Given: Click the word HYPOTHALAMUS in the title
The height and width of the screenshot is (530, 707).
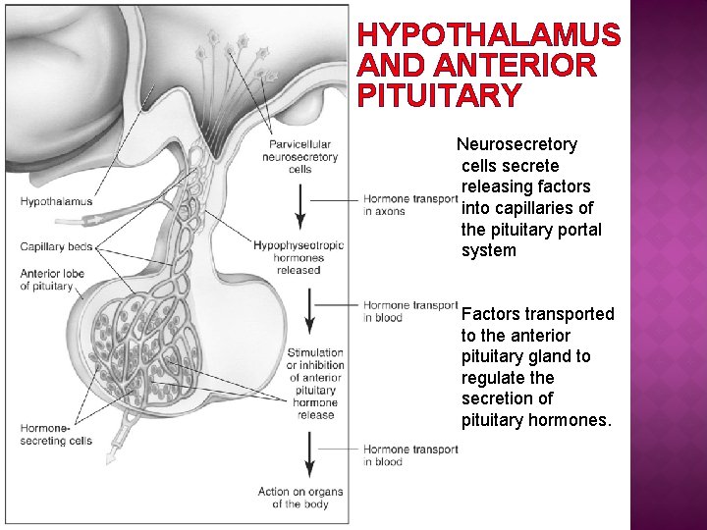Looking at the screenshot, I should point(489,35).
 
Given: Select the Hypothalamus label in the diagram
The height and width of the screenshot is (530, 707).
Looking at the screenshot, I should point(56,202).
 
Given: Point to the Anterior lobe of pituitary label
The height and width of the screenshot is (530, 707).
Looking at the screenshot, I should point(52,280).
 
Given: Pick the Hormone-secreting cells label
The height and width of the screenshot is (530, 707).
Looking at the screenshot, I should point(55,434).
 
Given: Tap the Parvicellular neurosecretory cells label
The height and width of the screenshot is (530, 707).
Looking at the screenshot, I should point(300,157).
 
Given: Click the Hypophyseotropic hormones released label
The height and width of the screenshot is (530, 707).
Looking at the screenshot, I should point(299,257).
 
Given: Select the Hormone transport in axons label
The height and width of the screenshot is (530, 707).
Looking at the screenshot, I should point(409,205).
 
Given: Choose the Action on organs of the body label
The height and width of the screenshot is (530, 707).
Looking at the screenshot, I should point(294,498).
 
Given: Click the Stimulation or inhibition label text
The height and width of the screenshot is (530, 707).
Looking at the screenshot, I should point(315,383).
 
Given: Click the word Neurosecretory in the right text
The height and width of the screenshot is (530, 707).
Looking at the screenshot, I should point(517,144).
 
